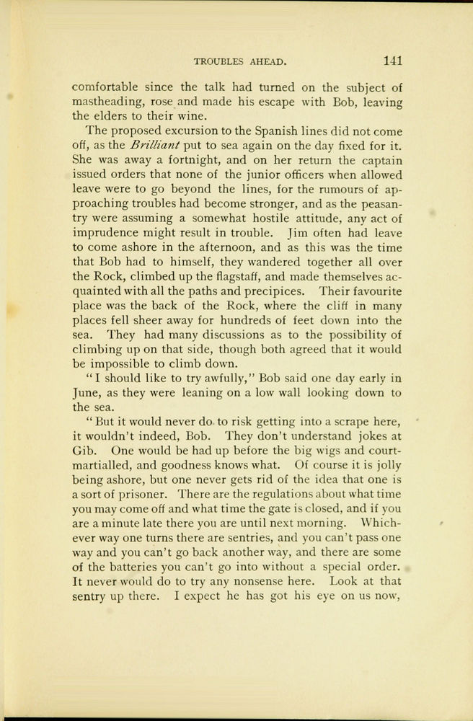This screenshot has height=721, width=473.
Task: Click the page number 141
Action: (396, 61)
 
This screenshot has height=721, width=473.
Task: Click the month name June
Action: (86, 393)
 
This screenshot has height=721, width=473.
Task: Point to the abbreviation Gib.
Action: (84, 451)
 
